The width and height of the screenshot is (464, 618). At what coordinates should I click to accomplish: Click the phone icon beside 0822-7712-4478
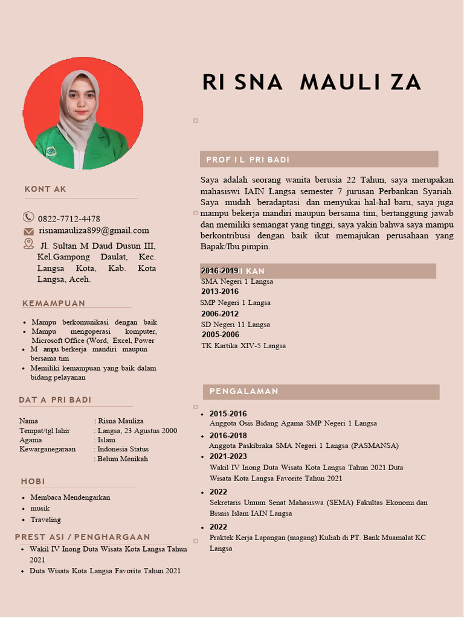(x=28, y=217)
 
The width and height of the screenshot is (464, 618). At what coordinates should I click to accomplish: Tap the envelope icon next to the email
(x=28, y=231)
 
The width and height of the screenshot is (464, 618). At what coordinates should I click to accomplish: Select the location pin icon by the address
(x=28, y=243)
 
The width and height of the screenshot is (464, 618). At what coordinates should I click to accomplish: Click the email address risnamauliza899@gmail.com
(x=94, y=231)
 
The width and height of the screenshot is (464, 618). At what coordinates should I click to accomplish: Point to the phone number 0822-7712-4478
(x=69, y=218)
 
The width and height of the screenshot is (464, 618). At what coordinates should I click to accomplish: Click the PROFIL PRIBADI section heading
(x=248, y=160)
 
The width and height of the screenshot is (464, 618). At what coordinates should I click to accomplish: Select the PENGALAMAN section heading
(x=244, y=392)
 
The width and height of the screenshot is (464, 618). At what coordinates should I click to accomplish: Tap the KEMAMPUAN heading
(x=54, y=303)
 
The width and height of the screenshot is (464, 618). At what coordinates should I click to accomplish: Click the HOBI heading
(x=33, y=481)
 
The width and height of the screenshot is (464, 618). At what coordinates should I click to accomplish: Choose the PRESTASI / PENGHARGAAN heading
(x=83, y=537)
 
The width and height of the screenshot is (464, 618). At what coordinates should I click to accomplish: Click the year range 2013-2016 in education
(x=220, y=291)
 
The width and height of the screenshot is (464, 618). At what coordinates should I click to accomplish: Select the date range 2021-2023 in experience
(x=228, y=456)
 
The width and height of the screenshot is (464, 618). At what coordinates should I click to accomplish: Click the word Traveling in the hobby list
(x=46, y=520)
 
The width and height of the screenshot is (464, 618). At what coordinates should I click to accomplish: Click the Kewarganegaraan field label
(x=48, y=449)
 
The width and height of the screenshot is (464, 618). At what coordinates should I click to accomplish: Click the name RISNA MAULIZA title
(x=312, y=83)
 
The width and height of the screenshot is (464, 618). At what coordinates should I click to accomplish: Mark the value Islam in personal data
(x=106, y=440)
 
